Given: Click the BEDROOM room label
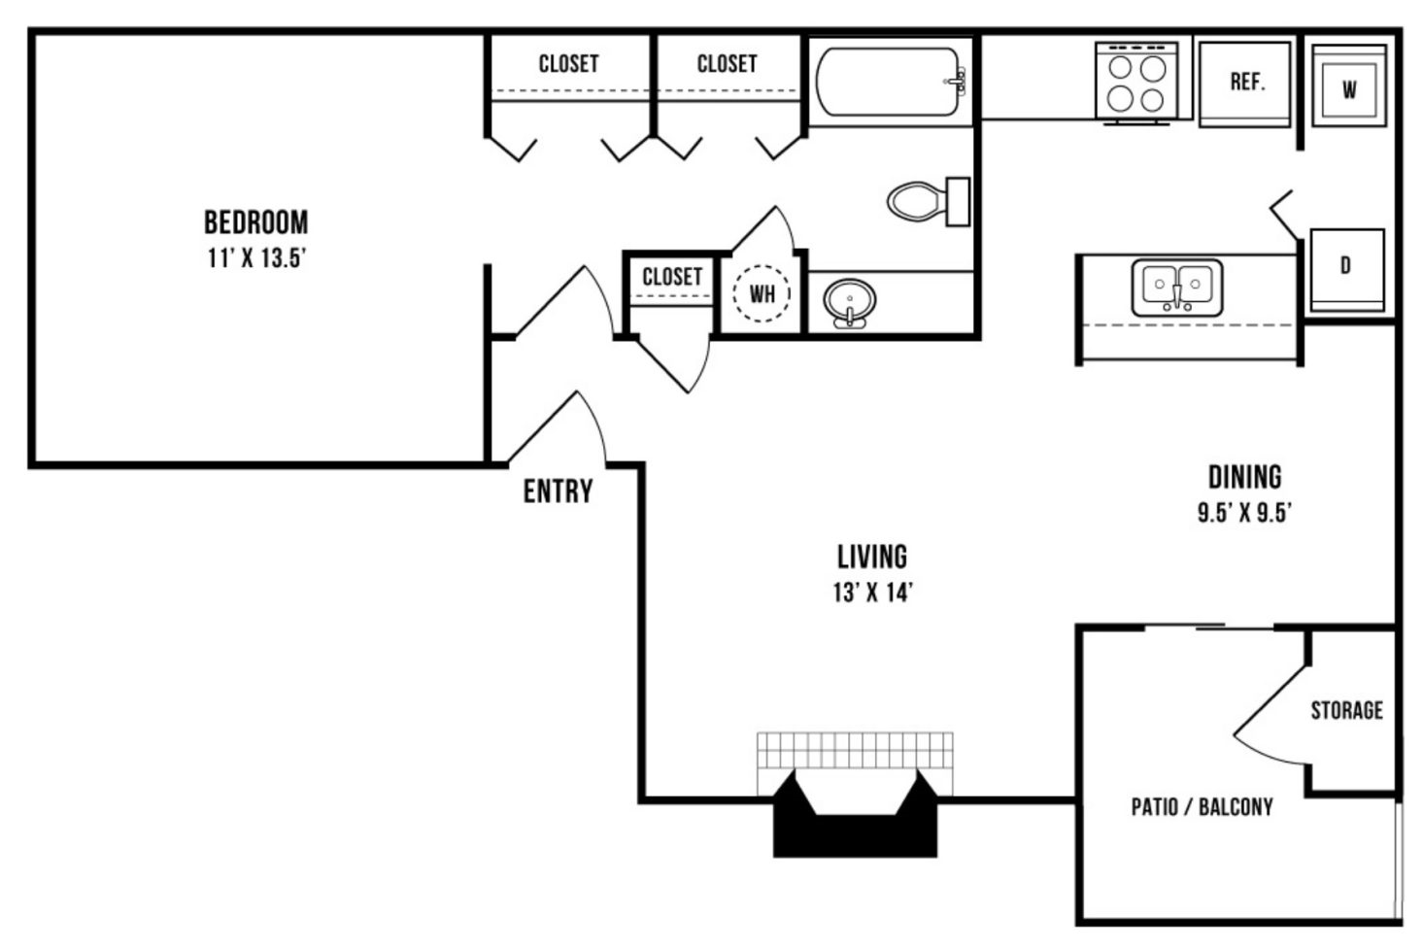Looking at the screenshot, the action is (256, 222).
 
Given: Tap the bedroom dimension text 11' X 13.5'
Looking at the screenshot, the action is (256, 258).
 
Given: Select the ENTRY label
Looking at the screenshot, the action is (558, 492).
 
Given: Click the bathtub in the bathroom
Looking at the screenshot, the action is (891, 82).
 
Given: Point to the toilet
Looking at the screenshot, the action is (929, 201).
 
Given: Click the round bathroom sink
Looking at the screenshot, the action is (849, 303).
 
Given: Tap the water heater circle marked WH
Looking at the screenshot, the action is (762, 293).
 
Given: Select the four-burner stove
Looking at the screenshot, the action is (1136, 82).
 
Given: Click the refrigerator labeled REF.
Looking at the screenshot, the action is (1244, 85).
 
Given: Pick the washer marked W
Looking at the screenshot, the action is (1349, 85).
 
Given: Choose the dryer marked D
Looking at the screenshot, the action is (1347, 270).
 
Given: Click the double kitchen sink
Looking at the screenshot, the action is (1177, 288).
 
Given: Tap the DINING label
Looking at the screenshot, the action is (1244, 477).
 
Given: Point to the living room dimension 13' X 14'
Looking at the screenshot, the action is (873, 593).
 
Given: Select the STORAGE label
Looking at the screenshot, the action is (1347, 709).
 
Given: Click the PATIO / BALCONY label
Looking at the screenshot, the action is (1202, 807).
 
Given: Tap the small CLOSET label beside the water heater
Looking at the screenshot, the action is (672, 276).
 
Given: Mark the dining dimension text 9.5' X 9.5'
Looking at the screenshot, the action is (1244, 512).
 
